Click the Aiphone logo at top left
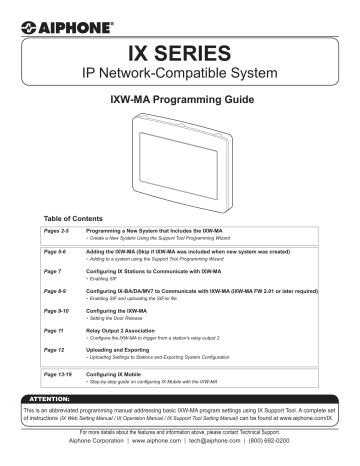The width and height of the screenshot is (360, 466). [x=48, y=19]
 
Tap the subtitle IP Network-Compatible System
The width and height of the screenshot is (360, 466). [x=180, y=77]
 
